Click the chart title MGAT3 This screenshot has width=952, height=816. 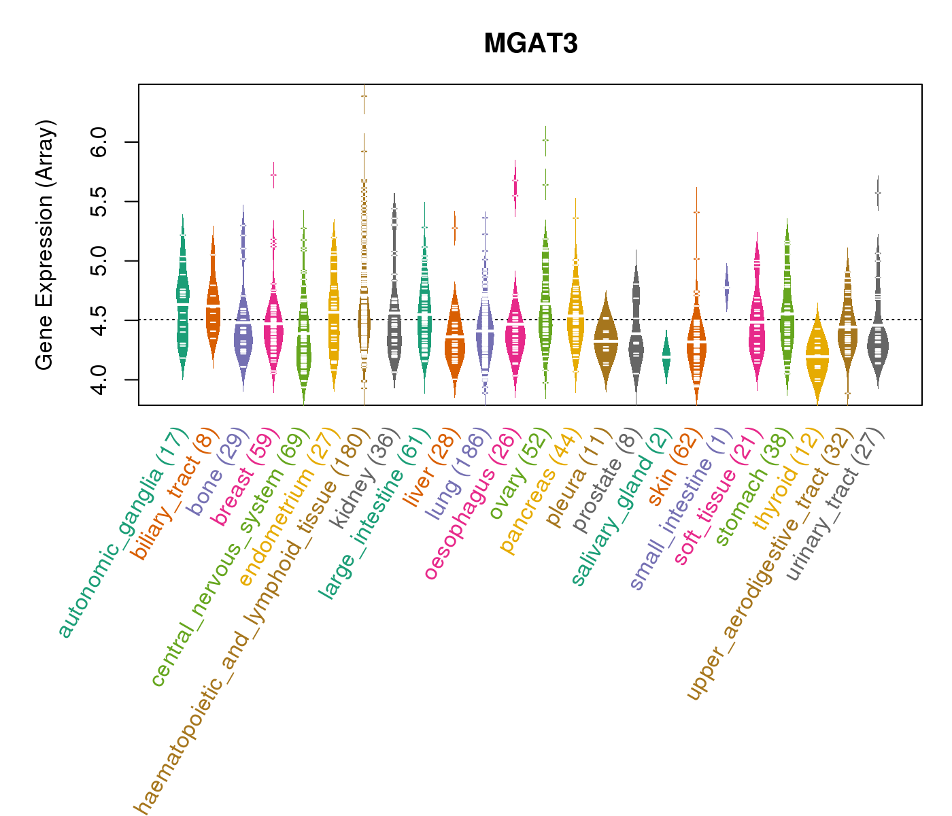(x=530, y=44)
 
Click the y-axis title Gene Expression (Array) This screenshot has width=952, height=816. (x=45, y=245)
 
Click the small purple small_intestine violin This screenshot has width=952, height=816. (x=726, y=287)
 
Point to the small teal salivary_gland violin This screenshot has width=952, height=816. (x=666, y=356)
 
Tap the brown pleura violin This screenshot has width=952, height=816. (x=606, y=340)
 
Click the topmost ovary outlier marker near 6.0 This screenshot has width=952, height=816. (x=545, y=140)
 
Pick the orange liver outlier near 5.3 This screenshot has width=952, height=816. (x=455, y=228)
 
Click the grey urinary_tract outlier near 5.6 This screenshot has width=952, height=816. (x=878, y=192)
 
